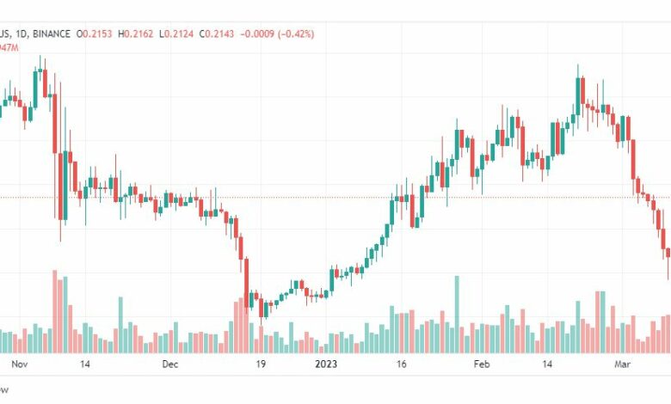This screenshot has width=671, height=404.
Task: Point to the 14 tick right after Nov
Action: [x=84, y=364]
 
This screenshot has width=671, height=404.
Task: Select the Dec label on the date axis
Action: [x=169, y=364]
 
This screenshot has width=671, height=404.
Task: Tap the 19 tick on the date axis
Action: [x=259, y=364]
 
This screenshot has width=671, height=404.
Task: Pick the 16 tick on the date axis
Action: [x=400, y=364]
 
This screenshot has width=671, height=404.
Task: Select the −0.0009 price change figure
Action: [x=257, y=34]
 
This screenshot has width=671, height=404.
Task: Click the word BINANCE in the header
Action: [x=51, y=34]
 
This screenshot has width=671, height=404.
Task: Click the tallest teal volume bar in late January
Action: [x=457, y=314]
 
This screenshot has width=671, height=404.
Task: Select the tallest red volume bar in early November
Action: [x=55, y=311]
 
